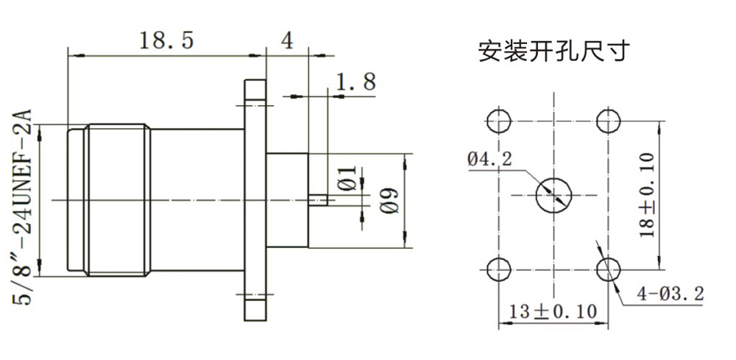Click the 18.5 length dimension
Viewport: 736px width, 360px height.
pyautogui.click(x=166, y=40)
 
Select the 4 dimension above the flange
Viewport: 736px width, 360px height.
pyautogui.click(x=287, y=40)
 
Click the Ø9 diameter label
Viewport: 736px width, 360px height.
pyautogui.click(x=389, y=200)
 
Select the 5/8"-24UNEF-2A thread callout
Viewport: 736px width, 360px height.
pyautogui.click(x=21, y=207)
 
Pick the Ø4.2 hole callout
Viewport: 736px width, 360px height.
pyautogui.click(x=489, y=160)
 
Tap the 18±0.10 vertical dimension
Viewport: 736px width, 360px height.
pyautogui.click(x=648, y=195)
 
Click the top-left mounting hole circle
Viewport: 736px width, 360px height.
pyautogui.click(x=499, y=121)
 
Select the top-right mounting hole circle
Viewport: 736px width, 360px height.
pyautogui.click(x=609, y=121)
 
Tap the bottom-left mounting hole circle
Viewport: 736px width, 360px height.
pyautogui.click(x=499, y=269)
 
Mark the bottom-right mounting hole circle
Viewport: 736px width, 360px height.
pyautogui.click(x=609, y=269)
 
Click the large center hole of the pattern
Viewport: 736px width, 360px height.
pyautogui.click(x=554, y=195)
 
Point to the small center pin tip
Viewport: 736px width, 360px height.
pyautogui.click(x=318, y=200)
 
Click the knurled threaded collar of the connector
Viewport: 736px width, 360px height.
pyautogui.click(x=117, y=200)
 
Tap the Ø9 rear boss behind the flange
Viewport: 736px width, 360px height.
pyautogui.click(x=287, y=200)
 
